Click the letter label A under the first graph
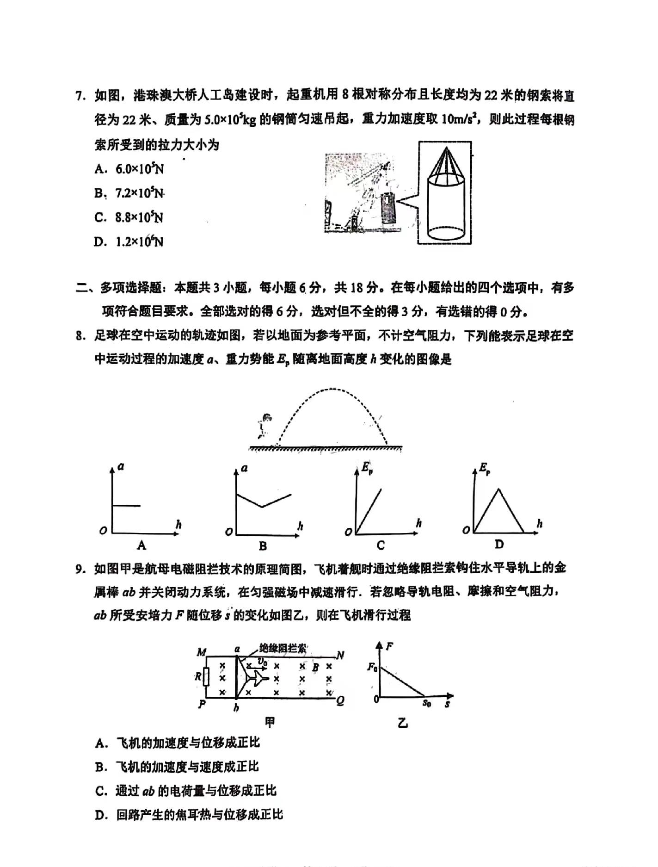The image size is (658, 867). click(141, 546)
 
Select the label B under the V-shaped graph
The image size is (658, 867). click(263, 546)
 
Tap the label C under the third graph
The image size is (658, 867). click(381, 546)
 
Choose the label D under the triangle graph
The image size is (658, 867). click(499, 545)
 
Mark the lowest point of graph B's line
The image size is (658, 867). click(262, 507)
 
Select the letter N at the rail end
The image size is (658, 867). click(340, 655)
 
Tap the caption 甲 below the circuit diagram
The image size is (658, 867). click(270, 722)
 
